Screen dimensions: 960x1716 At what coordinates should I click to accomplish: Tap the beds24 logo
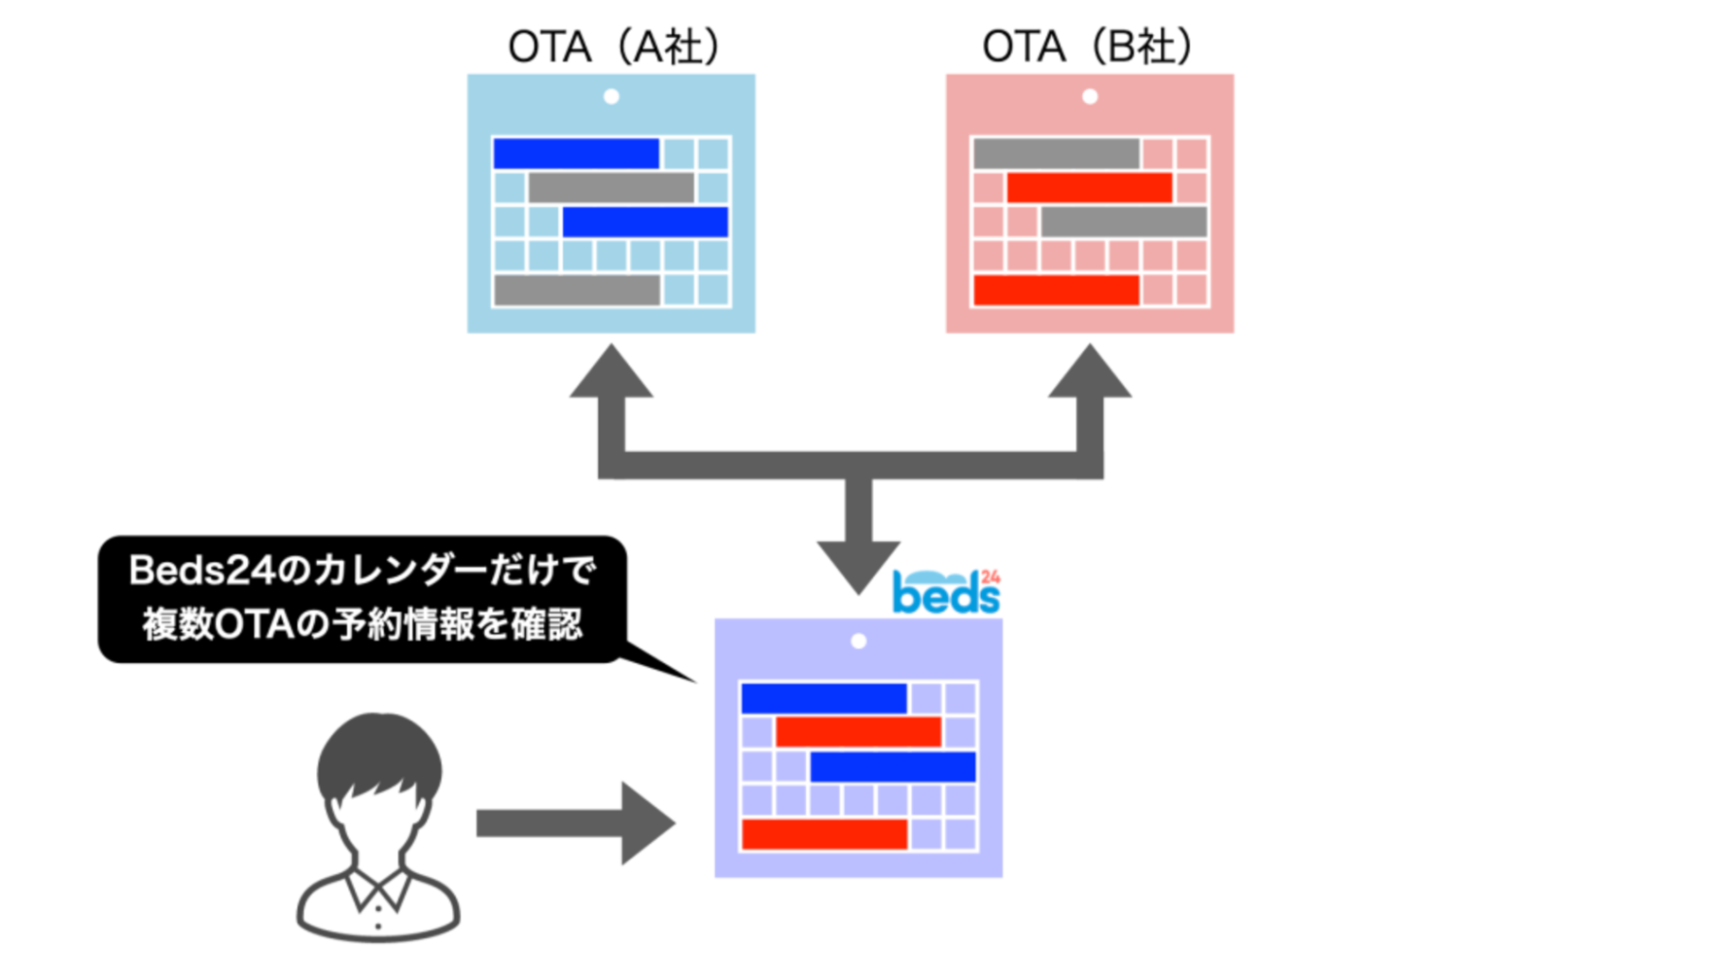click(945, 592)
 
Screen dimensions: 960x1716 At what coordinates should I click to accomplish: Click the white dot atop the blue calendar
click(611, 96)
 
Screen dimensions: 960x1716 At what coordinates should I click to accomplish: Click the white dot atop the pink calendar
click(1089, 96)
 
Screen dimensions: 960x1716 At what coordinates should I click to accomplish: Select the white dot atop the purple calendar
click(858, 641)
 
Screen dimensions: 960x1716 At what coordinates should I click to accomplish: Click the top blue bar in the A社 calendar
click(575, 154)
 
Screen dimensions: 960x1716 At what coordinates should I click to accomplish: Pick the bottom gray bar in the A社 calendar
click(576, 290)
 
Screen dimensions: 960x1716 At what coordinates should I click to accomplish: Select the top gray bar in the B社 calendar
click(1055, 154)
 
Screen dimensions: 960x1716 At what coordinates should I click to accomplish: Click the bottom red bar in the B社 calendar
click(1055, 290)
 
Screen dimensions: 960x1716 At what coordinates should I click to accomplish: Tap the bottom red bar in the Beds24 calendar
click(823, 834)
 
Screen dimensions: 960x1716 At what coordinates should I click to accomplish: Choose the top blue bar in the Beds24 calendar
click(823, 698)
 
